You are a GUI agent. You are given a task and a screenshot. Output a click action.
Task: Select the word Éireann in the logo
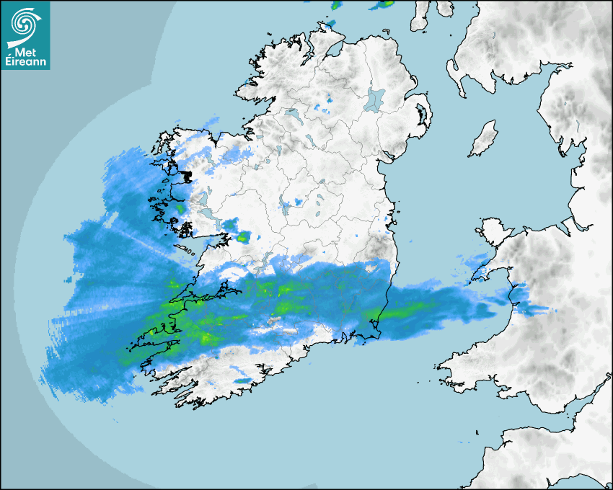[x=25, y=62]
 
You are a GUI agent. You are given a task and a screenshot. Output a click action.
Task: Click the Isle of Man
[x=483, y=140]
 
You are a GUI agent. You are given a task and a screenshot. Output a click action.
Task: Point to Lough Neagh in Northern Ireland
[x=376, y=99]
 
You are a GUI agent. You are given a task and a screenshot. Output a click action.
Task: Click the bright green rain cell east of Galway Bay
[x=243, y=236]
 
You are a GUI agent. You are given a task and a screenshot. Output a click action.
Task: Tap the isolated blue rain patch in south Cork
[x=242, y=380]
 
